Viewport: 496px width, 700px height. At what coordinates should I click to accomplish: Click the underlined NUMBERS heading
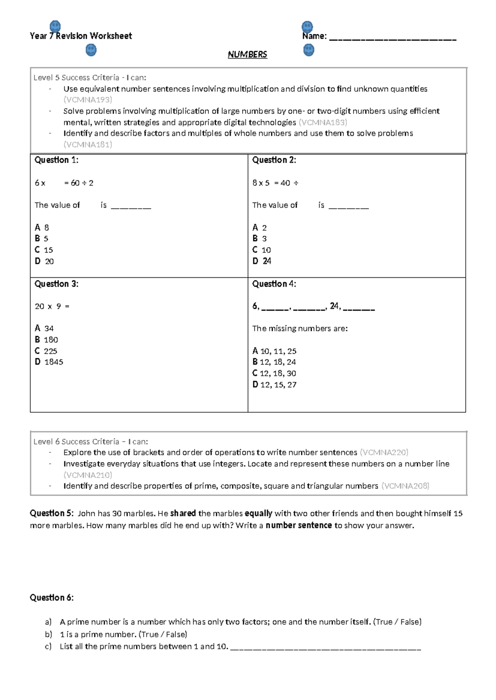[x=247, y=54]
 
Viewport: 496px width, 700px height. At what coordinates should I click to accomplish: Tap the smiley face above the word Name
[x=307, y=27]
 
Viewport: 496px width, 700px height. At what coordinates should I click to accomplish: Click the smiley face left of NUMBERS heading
[x=91, y=50]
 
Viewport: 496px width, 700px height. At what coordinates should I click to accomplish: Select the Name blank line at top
[x=393, y=39]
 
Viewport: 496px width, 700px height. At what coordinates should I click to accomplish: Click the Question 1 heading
[x=56, y=160]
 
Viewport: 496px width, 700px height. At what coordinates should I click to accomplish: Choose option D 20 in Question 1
[x=44, y=261]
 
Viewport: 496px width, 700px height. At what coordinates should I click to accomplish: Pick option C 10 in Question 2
[x=262, y=250]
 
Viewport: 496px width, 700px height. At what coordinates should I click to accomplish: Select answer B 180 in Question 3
[x=46, y=340]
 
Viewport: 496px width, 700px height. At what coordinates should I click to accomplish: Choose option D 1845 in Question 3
[x=49, y=362]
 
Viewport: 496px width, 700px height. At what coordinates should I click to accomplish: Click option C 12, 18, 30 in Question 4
[x=274, y=373]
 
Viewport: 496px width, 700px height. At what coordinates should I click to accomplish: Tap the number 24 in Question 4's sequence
[x=335, y=306]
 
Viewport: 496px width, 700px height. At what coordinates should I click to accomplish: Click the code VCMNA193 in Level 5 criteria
[x=88, y=100]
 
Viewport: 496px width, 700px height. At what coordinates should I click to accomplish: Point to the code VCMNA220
[x=384, y=452]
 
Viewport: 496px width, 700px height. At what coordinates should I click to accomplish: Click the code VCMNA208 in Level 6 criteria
[x=405, y=486]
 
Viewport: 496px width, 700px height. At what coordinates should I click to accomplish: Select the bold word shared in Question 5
[x=183, y=513]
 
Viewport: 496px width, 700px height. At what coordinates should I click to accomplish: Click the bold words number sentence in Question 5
[x=298, y=525]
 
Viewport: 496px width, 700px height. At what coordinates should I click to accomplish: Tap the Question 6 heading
[x=52, y=598]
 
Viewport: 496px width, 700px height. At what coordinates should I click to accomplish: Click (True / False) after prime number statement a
[x=397, y=622]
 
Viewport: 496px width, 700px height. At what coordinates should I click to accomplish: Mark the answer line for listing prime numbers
[x=325, y=648]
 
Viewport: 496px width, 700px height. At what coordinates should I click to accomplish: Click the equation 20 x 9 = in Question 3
[x=52, y=306]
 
